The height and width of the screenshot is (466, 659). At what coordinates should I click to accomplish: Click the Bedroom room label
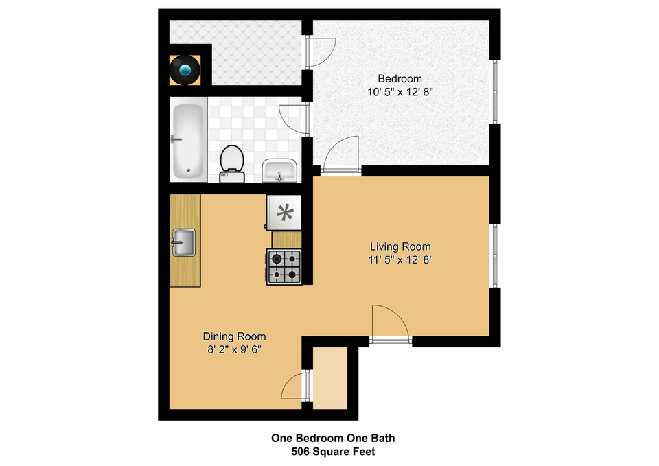(400, 78)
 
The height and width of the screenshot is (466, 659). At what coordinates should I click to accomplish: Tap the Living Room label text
(400, 246)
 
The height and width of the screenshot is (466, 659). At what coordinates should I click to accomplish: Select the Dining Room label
(234, 336)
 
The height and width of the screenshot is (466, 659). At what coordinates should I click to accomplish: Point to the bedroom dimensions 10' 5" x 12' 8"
(400, 92)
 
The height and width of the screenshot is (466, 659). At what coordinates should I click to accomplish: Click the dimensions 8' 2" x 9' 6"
(234, 349)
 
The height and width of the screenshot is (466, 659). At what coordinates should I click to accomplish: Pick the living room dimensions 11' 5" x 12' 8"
(400, 260)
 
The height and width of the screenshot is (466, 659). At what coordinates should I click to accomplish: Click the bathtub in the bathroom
(188, 141)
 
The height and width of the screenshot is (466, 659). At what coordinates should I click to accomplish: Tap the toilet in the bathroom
(232, 164)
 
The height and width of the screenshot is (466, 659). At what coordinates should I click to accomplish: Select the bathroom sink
(279, 171)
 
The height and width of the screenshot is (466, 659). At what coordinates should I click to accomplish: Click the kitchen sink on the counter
(184, 242)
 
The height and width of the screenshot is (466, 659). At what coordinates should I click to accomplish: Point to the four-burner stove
(284, 266)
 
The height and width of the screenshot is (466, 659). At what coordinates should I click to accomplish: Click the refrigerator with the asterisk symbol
(284, 213)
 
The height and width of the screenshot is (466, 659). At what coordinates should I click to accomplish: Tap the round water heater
(185, 70)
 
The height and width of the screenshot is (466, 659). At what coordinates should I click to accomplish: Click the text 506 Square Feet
(334, 452)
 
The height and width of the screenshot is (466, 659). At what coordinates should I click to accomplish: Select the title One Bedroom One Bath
(334, 439)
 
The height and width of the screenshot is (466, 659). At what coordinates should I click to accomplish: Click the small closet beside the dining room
(330, 377)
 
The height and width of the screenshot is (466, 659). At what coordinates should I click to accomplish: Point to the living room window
(495, 255)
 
